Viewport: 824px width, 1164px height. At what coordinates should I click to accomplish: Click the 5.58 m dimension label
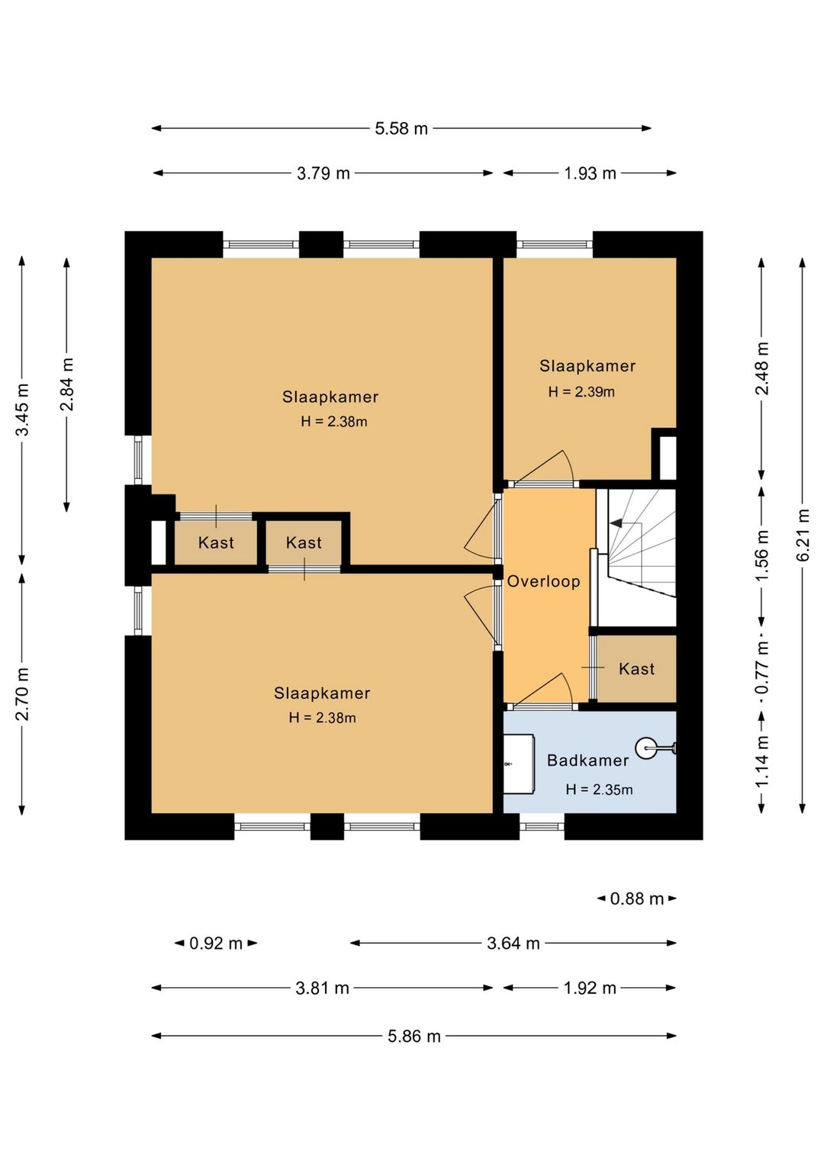click(x=401, y=128)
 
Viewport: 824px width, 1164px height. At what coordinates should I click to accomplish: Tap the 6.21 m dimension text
click(x=803, y=535)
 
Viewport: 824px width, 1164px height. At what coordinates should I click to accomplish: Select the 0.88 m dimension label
click(x=637, y=899)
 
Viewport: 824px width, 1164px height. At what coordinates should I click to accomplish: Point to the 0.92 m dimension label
click(x=216, y=943)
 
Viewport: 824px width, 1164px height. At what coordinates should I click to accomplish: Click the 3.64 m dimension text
click(x=513, y=943)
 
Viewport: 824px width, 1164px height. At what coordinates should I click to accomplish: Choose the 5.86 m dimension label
click(x=414, y=1036)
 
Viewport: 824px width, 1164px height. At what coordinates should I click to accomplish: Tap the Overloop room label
click(x=543, y=581)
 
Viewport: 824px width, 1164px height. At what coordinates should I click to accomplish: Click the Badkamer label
click(x=587, y=760)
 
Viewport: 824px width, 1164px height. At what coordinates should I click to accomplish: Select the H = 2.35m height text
click(x=599, y=790)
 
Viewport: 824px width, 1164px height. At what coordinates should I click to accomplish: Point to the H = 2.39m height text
click(x=581, y=392)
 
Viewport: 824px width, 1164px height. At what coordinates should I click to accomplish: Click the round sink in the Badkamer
click(x=647, y=748)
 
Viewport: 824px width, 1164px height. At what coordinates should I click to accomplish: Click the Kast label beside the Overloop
click(x=636, y=669)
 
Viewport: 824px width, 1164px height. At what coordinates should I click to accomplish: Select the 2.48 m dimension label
click(x=762, y=368)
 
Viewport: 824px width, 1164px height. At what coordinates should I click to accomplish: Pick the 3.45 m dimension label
click(x=22, y=410)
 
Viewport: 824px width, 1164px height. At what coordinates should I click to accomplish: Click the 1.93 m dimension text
click(x=590, y=173)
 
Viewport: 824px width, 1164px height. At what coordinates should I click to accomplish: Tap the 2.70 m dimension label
click(x=22, y=694)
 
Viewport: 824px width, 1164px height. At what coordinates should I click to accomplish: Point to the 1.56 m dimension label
click(x=762, y=556)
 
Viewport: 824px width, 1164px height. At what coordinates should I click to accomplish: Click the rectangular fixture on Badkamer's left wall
click(x=519, y=764)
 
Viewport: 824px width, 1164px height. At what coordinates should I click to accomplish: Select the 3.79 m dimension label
click(x=323, y=173)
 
